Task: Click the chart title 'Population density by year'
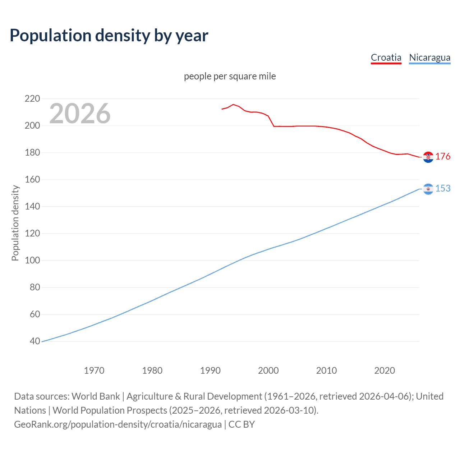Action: coord(109,36)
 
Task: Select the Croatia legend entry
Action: coord(386,57)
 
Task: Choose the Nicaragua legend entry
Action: coord(429,57)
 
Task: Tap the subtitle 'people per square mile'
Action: coord(230,77)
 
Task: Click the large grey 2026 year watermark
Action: coord(80,114)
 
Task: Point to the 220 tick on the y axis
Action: coord(32,98)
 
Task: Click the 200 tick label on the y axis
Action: coord(32,125)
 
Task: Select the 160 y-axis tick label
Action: coord(32,179)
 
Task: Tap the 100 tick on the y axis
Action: coord(32,260)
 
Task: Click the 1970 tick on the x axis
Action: coord(94,371)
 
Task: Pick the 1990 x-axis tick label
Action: coord(210,371)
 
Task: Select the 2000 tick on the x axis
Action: coord(268,371)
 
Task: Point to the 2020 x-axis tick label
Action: coord(385,371)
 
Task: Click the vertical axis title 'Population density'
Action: coord(15,223)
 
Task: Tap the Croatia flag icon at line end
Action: coord(428,157)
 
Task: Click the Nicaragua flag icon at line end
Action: coord(428,189)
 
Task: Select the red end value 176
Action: coord(443,157)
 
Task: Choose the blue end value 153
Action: coord(443,189)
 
